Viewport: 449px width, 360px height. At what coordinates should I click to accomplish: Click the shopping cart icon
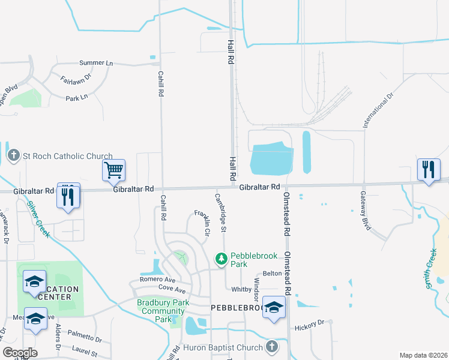coord(113,170)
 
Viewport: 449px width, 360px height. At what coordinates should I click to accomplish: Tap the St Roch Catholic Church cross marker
coord(13,156)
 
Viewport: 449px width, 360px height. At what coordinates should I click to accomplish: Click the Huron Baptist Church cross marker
coord(271,347)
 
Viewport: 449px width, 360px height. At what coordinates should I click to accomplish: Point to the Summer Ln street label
coord(96,63)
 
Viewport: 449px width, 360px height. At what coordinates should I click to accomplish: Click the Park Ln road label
coord(77,98)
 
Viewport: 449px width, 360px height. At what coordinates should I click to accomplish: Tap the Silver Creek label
coord(38,218)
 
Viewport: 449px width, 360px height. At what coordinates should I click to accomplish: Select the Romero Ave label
coord(157,280)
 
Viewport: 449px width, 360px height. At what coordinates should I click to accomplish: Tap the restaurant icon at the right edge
coord(428,170)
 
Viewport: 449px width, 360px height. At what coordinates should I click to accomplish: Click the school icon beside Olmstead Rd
coord(274,308)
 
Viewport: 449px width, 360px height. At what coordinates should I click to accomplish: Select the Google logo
coord(20,353)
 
